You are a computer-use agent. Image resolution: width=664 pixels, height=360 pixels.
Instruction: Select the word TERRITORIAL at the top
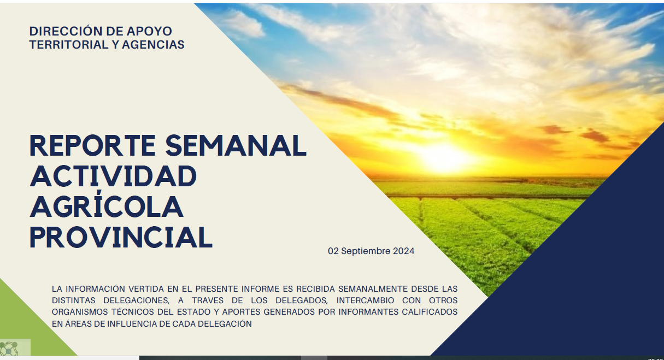(69, 44)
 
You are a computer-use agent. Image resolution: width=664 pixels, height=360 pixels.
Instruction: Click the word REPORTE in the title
(92, 145)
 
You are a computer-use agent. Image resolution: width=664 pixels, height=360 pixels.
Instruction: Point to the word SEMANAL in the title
(236, 145)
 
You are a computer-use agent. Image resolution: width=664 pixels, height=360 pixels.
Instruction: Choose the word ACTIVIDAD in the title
(113, 176)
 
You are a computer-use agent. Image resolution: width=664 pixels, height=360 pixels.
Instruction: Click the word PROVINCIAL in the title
(121, 237)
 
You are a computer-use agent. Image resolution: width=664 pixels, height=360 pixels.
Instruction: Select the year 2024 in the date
(403, 251)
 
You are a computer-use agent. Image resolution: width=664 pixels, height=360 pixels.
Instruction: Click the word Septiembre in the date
(366, 251)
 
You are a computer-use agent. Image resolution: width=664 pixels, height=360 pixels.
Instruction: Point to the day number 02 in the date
(333, 251)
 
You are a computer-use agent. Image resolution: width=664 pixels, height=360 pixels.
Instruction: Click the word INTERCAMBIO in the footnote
(365, 300)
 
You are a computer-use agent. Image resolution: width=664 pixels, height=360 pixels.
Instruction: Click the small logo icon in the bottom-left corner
(9, 348)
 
